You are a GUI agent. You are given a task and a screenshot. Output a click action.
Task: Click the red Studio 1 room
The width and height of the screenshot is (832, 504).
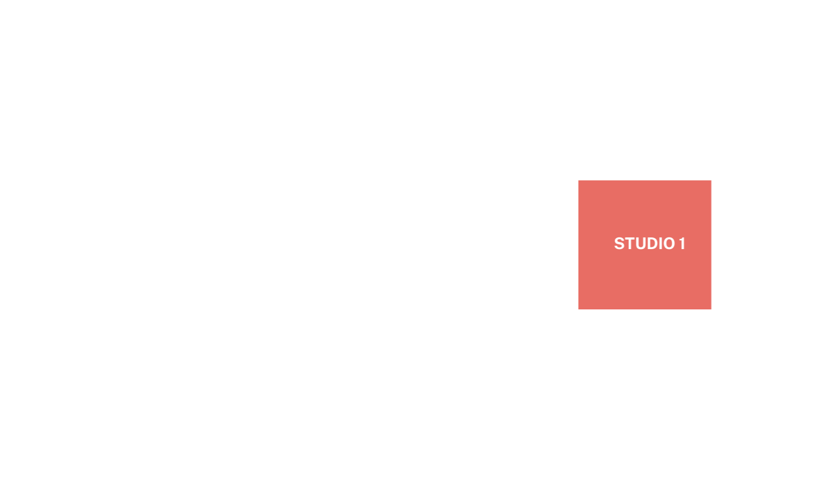point(644,245)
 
